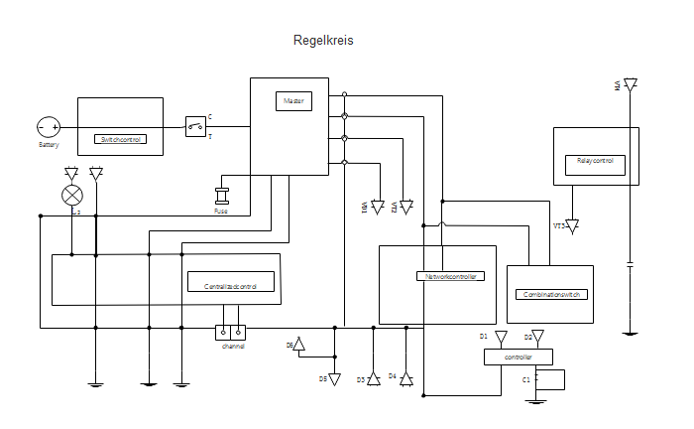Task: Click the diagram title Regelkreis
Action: (x=323, y=41)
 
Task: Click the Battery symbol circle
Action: (x=49, y=127)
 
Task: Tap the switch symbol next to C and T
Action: (x=195, y=125)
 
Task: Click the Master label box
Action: (x=293, y=101)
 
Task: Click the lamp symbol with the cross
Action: (x=71, y=194)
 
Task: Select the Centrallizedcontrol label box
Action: (x=230, y=286)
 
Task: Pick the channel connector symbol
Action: (x=231, y=333)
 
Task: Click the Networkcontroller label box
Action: (x=450, y=276)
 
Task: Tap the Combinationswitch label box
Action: (x=551, y=295)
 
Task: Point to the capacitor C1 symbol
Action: (x=536, y=379)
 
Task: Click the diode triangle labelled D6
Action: (x=300, y=345)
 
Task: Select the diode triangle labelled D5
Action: (x=334, y=379)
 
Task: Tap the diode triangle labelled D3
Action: (x=373, y=379)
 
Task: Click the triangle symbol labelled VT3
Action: (x=572, y=226)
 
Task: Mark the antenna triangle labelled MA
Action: (x=630, y=85)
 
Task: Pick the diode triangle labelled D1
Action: (x=500, y=339)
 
